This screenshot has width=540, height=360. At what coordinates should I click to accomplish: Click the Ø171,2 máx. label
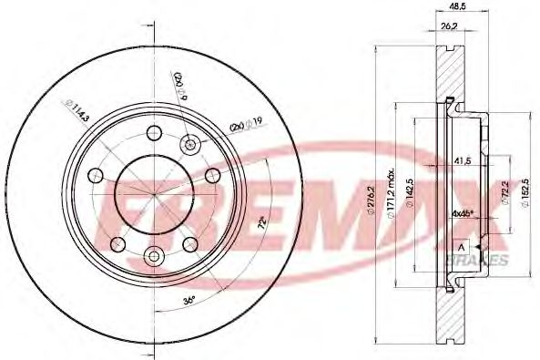(x=391, y=192)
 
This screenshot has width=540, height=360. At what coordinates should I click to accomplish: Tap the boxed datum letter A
(x=462, y=246)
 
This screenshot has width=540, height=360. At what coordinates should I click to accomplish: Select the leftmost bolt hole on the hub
(x=91, y=175)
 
